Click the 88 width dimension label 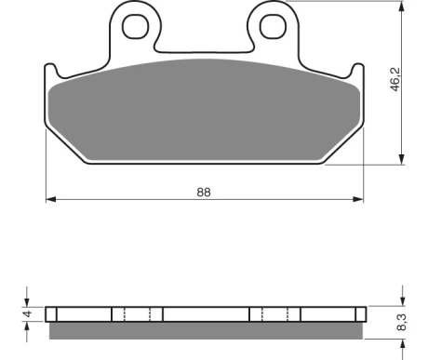204,193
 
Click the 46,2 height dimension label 395,80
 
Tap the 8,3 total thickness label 402,322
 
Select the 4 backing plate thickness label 28,313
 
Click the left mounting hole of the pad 136,26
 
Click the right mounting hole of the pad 273,26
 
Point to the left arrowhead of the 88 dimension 51,199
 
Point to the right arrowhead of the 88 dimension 358,199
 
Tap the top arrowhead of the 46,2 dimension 402,6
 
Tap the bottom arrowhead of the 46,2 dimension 402,159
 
